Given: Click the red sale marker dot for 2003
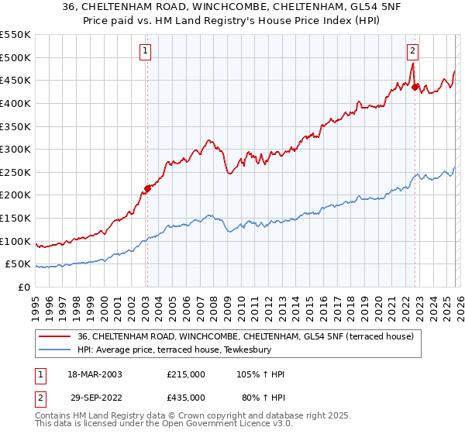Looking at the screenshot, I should coord(147,188).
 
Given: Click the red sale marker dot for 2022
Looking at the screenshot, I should coord(415,87).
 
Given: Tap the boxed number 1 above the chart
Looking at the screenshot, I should coord(146,52).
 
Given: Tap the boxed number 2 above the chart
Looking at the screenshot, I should coord(413,52).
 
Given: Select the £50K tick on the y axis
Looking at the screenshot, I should coord(17,264).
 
